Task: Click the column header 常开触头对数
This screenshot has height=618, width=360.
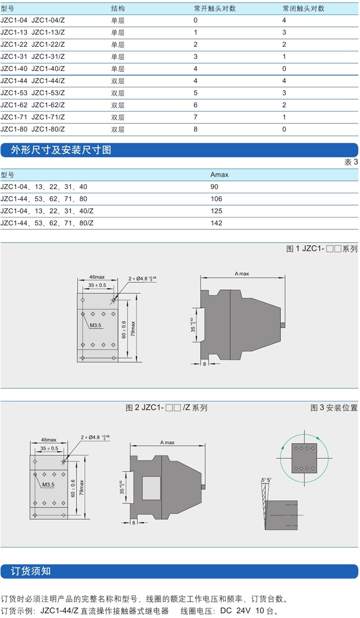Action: point(214,9)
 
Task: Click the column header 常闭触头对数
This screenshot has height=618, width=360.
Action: point(303,9)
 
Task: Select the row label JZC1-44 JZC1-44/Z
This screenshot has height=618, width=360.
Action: point(33,81)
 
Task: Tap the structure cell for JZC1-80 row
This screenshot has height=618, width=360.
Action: point(118,130)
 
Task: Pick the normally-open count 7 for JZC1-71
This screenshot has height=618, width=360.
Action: point(195,117)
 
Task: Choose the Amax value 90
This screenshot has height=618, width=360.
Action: point(214,187)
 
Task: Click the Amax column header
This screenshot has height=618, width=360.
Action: point(219,174)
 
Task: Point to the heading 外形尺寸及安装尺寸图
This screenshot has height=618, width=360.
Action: point(61,150)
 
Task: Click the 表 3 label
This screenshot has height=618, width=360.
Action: point(351,162)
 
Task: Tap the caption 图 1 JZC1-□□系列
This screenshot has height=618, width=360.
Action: point(321,249)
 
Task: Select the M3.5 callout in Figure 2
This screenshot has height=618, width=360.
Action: point(48,484)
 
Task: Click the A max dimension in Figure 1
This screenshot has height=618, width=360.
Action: point(242,274)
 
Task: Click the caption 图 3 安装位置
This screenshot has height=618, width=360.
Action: point(334,408)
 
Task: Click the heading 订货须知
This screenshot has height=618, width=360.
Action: point(31,571)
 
